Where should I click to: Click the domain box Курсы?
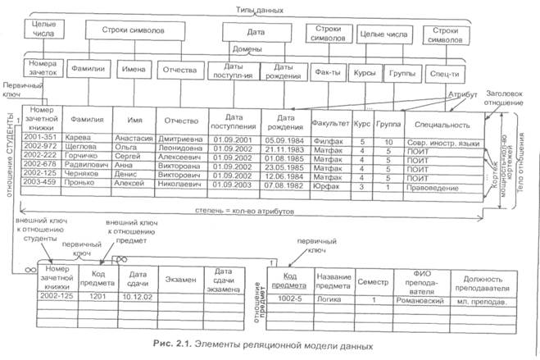[x=363, y=71]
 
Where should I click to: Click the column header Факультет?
[x=329, y=124]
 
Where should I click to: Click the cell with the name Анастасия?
[x=134, y=139]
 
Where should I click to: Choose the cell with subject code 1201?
[x=99, y=294]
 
